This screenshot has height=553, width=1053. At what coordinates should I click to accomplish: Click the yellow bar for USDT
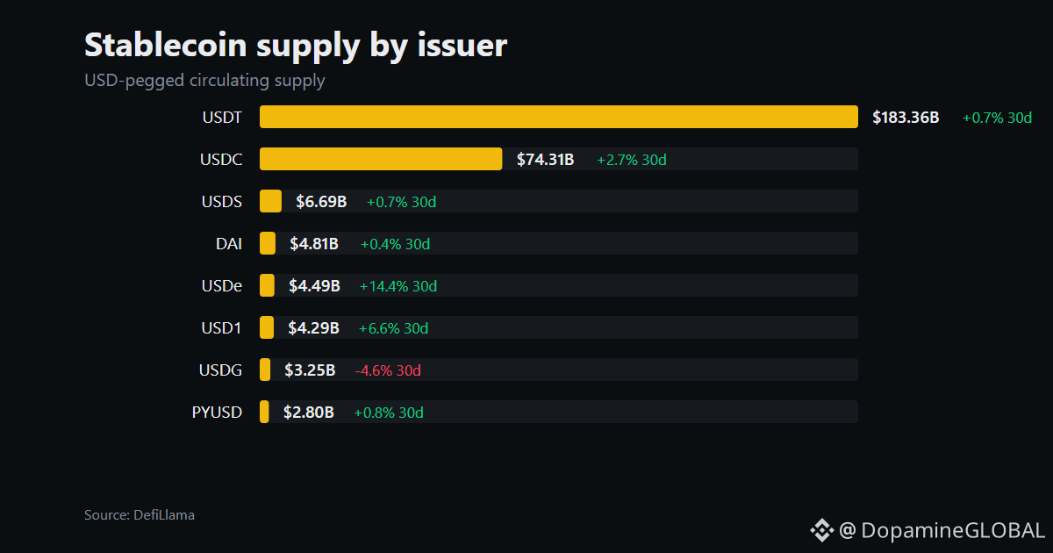pos(558,117)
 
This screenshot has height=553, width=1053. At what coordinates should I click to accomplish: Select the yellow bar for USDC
pos(381,159)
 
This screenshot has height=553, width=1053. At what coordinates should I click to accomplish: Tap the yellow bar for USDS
pos(270,201)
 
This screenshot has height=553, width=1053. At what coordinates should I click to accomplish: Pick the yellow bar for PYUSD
pos(264,412)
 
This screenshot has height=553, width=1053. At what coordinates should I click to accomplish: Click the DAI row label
pos(229,244)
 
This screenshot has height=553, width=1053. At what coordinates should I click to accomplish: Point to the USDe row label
pos(222,286)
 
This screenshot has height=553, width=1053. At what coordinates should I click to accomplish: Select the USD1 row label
pos(221,327)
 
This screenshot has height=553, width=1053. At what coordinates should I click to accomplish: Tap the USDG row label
pos(220,370)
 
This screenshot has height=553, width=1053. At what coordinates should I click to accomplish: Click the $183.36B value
pos(906,117)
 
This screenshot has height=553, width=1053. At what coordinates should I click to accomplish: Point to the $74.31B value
pos(545,160)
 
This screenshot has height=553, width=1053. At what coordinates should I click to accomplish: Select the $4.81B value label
pos(314,244)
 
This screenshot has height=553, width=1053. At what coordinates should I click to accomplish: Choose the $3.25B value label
pos(310,370)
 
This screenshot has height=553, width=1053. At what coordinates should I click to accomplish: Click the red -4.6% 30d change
pos(388,370)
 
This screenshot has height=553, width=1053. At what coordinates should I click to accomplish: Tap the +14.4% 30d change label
pos(398,286)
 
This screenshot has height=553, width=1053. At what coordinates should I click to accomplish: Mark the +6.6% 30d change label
pos(393,328)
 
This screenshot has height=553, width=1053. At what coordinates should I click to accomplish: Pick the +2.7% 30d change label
pos(632,160)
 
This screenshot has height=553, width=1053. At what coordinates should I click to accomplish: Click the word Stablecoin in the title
pos(166,45)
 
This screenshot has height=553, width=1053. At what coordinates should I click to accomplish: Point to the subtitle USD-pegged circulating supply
pos(204,81)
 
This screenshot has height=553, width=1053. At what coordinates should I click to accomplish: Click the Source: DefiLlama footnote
pos(140,515)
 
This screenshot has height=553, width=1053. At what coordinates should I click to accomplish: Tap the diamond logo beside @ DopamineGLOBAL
pos(821,530)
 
